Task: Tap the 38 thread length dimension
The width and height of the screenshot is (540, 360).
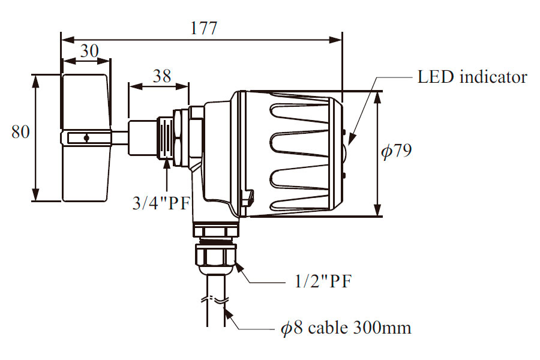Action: pyautogui.click(x=161, y=76)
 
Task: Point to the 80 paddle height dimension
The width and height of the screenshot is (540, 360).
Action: pyautogui.click(x=20, y=132)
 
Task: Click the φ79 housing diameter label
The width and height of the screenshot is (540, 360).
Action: pyautogui.click(x=397, y=151)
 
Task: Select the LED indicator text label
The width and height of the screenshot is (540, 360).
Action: pyautogui.click(x=472, y=77)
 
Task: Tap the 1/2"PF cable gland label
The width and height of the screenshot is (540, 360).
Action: pyautogui.click(x=322, y=282)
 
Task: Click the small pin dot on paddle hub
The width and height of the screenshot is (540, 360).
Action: pyautogui.click(x=86, y=138)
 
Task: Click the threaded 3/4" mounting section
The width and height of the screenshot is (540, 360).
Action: pyautogui.click(x=167, y=137)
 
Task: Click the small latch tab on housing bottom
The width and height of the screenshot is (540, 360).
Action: pyautogui.click(x=247, y=197)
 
